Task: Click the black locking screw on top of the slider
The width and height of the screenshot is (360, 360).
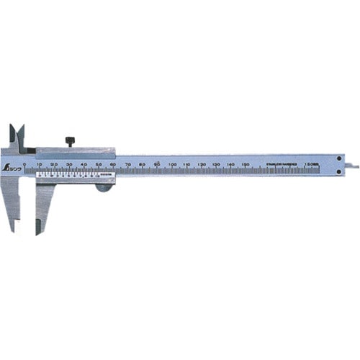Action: (71, 140)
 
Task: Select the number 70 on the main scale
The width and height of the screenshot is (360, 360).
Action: (128, 165)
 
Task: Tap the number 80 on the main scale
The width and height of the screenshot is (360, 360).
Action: (143, 165)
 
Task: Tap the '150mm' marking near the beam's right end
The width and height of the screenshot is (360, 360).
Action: (310, 165)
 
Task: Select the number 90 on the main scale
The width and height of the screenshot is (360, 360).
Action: (157, 165)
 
